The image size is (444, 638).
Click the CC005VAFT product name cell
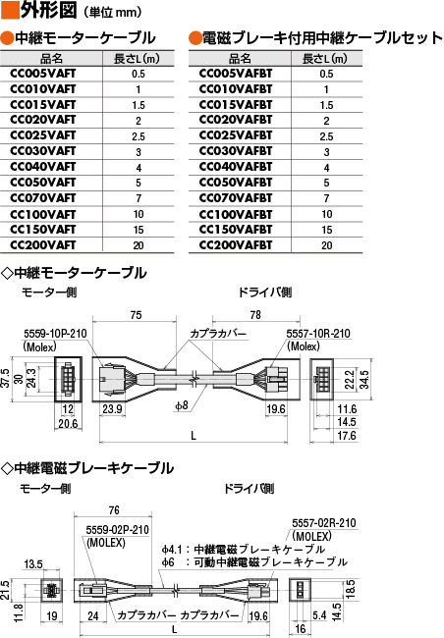[x=43, y=74]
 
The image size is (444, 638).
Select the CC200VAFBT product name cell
[x=236, y=245]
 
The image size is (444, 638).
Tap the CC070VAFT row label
[x=43, y=198]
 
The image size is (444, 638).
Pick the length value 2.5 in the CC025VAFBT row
[x=326, y=136]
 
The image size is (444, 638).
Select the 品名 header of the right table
[x=240, y=59]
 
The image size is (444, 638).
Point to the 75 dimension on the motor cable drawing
[x=137, y=315]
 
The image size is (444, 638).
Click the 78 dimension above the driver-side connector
[x=255, y=314]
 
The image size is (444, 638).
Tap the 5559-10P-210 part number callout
[x=55, y=334]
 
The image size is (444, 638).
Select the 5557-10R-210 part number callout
[x=318, y=334]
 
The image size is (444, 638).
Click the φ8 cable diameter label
[x=182, y=405]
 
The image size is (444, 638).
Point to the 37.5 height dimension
[x=5, y=378]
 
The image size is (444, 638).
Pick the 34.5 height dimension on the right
[x=364, y=379]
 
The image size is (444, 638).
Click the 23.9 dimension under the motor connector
[x=112, y=409]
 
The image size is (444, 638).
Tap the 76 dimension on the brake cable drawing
[x=114, y=510]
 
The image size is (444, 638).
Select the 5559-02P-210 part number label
[x=117, y=530]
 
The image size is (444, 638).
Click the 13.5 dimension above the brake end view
[x=33, y=564]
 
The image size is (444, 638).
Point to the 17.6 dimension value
[x=347, y=436]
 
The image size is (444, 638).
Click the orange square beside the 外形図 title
[x=10, y=11]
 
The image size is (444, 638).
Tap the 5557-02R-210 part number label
[x=324, y=523]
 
